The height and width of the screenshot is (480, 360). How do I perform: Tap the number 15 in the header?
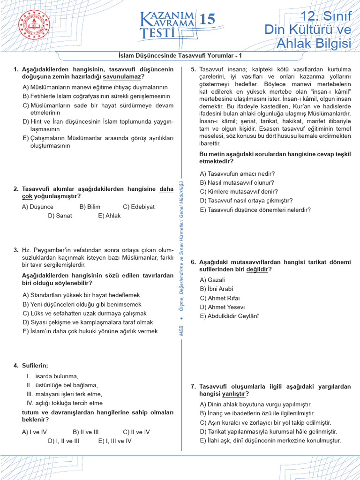point(207,20)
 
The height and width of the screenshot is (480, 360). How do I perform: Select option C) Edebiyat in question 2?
point(139,207)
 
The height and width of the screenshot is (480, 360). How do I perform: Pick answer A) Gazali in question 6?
point(212,280)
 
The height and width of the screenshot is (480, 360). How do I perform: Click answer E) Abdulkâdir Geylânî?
point(229,316)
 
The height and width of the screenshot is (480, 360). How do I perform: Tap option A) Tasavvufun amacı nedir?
point(237,173)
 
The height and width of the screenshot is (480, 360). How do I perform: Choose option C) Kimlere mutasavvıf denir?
point(239,191)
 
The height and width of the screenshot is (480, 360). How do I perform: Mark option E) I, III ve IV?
point(115,441)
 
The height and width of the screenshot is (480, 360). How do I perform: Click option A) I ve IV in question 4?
point(35,432)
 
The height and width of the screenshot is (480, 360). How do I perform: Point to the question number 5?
point(193,69)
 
